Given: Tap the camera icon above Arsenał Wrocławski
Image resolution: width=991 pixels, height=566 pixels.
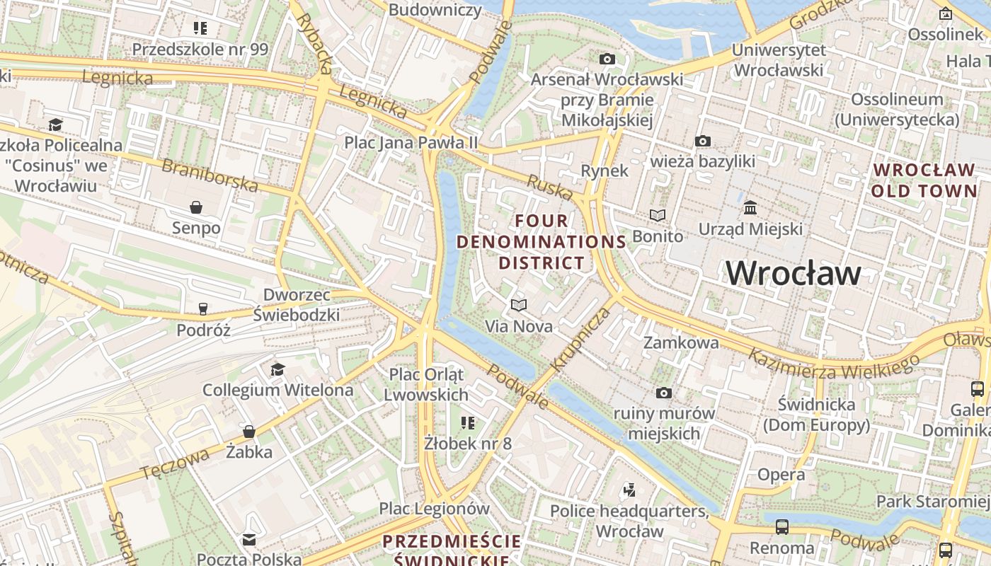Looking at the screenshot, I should [x=607, y=59].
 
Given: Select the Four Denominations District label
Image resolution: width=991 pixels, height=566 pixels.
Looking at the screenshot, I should [x=542, y=242].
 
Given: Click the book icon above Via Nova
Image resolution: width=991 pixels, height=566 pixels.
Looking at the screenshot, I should [x=519, y=305].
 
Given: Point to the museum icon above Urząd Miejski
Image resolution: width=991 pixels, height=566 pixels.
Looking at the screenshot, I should [x=750, y=208].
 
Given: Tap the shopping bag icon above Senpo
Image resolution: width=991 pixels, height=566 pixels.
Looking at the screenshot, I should [x=196, y=207].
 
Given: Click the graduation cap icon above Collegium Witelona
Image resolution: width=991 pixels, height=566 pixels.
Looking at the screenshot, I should [x=277, y=369].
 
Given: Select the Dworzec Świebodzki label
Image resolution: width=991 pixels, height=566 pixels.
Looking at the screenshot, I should [x=297, y=305].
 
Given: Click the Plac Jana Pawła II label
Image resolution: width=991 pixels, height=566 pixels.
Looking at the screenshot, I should [x=411, y=142].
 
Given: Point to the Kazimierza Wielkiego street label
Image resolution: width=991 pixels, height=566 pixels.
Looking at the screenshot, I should [x=834, y=364].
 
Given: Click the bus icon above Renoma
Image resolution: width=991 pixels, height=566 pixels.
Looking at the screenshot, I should [x=781, y=527].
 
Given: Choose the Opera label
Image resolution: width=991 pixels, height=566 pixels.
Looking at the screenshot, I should [x=781, y=474].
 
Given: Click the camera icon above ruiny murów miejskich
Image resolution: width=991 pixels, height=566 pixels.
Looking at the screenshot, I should [x=663, y=393].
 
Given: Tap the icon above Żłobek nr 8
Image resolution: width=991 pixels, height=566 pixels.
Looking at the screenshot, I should [x=467, y=423].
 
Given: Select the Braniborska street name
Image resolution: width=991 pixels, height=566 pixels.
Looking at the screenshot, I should [x=210, y=175].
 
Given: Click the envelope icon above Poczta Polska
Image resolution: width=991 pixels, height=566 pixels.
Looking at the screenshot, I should [x=249, y=540].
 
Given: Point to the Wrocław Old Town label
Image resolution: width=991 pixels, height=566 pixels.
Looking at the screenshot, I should [x=924, y=180].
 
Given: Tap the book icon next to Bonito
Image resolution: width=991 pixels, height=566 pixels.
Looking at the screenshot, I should [x=658, y=215].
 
